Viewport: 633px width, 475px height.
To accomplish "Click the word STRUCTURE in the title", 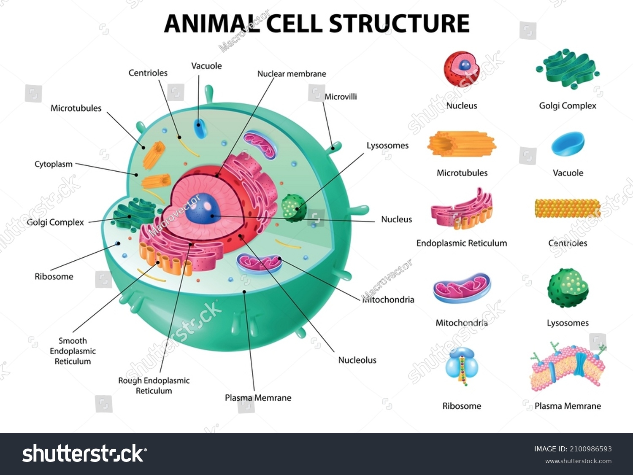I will point(399,23).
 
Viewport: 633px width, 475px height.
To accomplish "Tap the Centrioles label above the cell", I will point(148,73).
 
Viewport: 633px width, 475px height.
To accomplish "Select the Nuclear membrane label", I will point(292,74).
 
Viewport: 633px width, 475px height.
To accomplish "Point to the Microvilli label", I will point(341,97).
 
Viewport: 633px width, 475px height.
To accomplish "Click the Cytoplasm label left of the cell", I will point(54,164).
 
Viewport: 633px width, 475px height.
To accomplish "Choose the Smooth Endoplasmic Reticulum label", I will point(73,351).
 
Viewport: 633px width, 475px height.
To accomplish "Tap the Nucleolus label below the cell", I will point(357,360).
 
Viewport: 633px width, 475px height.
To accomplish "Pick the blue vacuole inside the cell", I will point(200,128).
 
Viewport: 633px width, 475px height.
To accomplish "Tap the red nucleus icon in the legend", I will point(461,69).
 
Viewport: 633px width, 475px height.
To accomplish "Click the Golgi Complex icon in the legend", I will point(568,69).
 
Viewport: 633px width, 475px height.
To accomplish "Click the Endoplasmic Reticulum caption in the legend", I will point(462,243).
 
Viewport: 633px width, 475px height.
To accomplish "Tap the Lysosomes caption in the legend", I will point(568,323).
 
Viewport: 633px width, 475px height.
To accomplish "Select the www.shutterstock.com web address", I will point(578,461).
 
